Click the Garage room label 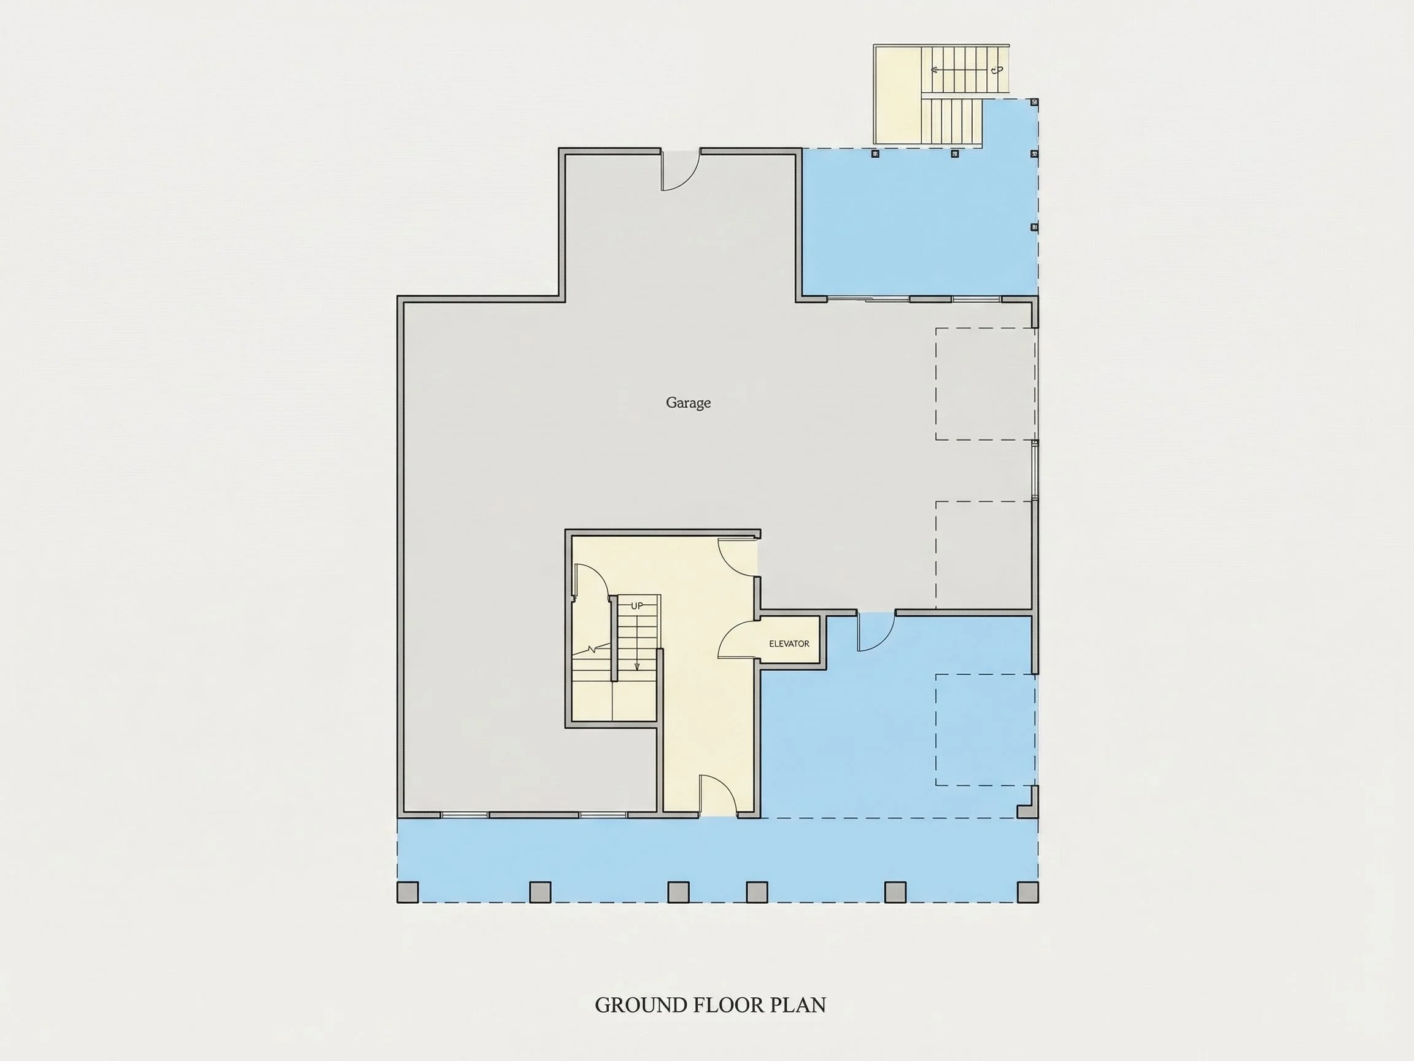688,403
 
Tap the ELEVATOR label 789,644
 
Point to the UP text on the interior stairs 636,605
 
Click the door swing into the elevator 738,640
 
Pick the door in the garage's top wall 680,170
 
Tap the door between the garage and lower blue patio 875,632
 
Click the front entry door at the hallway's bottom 719,796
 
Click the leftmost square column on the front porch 408,892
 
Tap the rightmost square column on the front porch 1028,892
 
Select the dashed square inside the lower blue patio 986,729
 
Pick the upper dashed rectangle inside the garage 986,384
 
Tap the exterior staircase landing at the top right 897,95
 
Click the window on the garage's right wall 1035,470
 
